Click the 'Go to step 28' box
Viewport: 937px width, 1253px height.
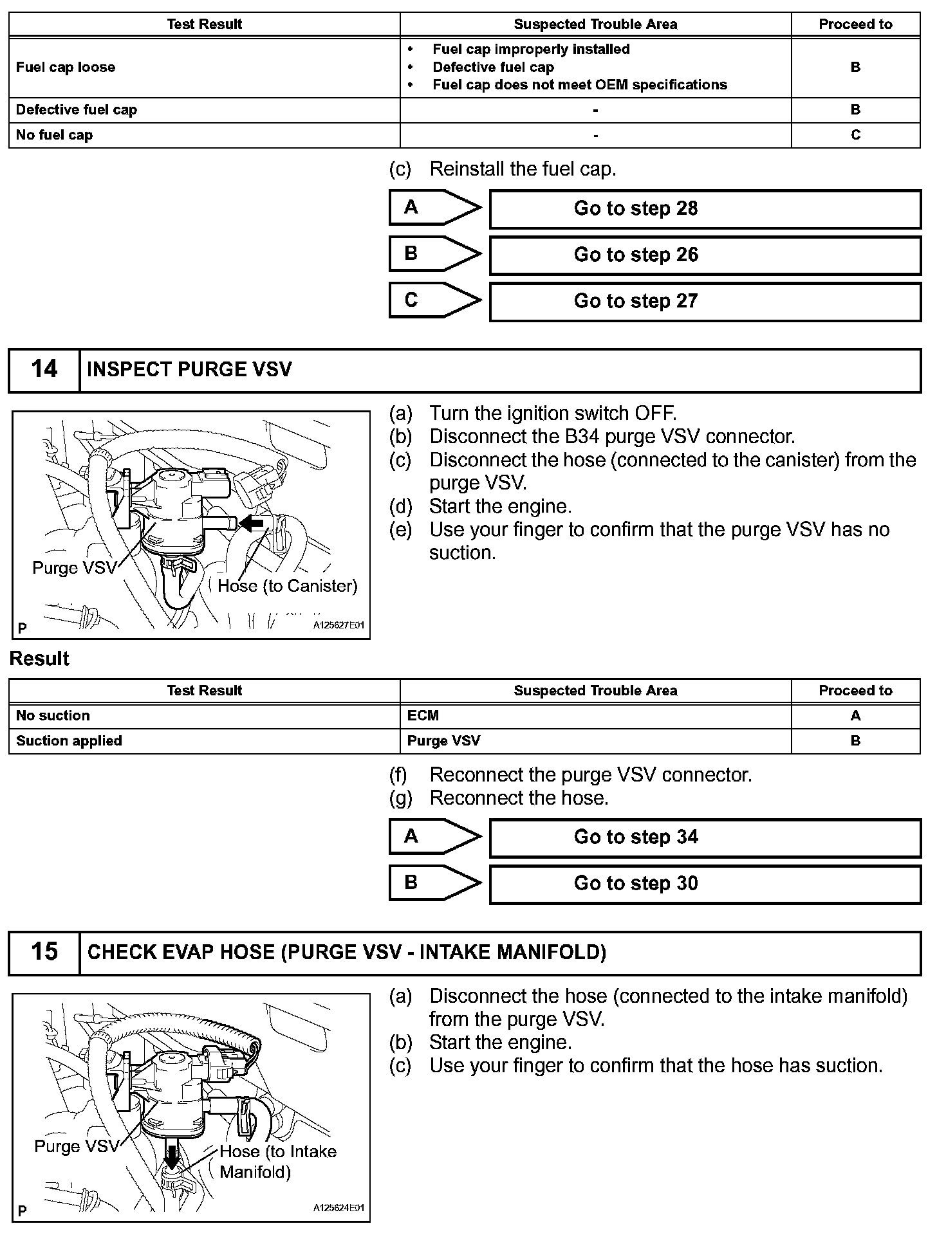point(705,209)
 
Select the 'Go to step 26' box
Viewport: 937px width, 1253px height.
point(705,255)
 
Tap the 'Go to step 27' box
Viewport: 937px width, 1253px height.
point(705,302)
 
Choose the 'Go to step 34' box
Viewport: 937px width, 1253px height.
point(705,837)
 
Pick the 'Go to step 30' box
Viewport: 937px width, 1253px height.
point(705,884)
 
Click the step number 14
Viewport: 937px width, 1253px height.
point(44,370)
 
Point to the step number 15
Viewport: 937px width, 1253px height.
point(44,952)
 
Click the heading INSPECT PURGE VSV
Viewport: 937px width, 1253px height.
point(189,370)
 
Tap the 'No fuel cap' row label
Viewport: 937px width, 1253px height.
point(55,135)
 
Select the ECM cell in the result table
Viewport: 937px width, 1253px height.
point(423,716)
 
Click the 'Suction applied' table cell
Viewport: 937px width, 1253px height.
point(70,741)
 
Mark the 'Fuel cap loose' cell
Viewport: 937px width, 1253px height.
point(66,68)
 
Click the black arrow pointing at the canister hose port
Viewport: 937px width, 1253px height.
point(252,523)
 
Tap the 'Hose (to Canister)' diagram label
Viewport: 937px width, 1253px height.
point(287,586)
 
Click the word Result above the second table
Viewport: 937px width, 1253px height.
point(39,659)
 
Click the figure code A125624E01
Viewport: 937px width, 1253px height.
point(339,1208)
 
